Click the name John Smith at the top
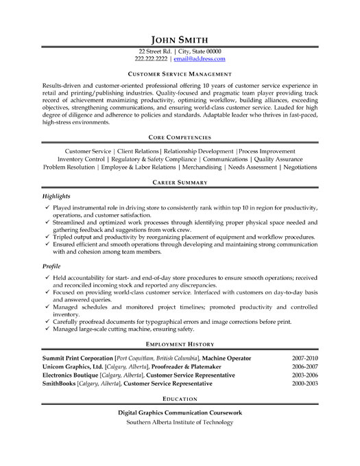(180, 38)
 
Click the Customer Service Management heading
(180, 72)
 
